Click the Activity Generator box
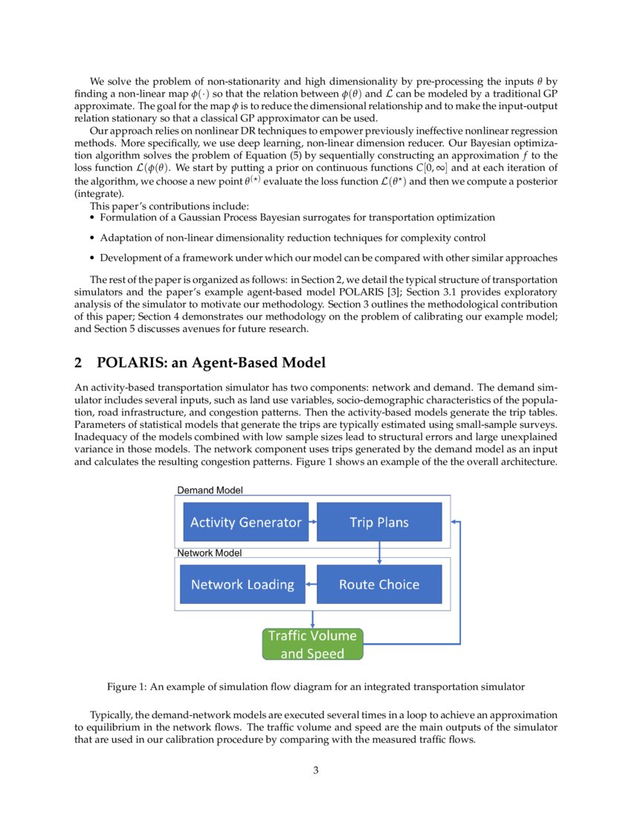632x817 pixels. pos(245,522)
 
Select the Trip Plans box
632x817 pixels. pos(379,522)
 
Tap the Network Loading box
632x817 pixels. pos(242,585)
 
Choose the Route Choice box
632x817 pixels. pos(379,585)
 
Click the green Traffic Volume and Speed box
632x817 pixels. pos(312,645)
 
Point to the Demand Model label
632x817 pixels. pos(210,490)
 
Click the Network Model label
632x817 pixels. pos(209,553)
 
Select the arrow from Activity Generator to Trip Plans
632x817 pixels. pos(312,522)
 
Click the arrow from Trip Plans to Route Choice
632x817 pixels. pos(379,553)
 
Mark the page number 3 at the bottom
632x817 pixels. pos(316,770)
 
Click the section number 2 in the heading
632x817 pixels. pos(80,363)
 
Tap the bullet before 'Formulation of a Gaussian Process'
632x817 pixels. pos(92,218)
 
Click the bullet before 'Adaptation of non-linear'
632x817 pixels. pos(92,238)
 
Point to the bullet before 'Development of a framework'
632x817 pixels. pos(92,258)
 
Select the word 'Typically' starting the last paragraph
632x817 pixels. pos(111,715)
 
